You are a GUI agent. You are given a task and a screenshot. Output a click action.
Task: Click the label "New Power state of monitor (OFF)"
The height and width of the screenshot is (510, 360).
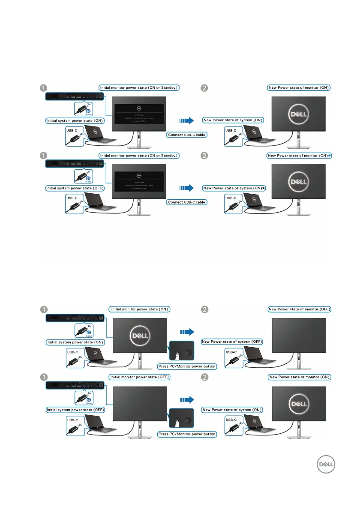tap(300, 309)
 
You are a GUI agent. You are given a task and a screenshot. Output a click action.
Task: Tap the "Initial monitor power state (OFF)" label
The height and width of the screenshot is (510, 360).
tap(140, 377)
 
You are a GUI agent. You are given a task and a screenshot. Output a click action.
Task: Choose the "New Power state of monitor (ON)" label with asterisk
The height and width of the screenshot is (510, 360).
tap(299, 156)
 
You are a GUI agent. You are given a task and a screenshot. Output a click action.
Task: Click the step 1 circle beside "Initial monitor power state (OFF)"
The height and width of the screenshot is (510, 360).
tap(43, 378)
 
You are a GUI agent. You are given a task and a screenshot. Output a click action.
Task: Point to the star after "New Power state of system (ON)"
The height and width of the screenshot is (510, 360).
tap(264, 188)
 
